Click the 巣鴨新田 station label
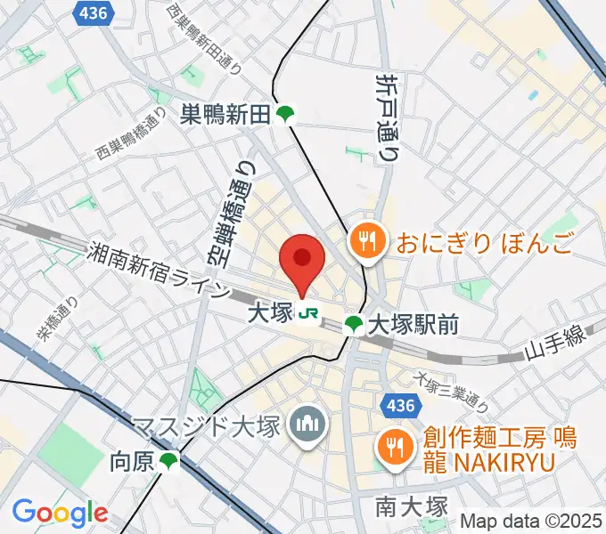[x=225, y=114]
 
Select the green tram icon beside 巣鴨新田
[x=284, y=114]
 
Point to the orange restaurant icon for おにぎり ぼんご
[x=365, y=240]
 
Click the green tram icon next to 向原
[x=168, y=461]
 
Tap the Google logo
[x=60, y=513]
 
